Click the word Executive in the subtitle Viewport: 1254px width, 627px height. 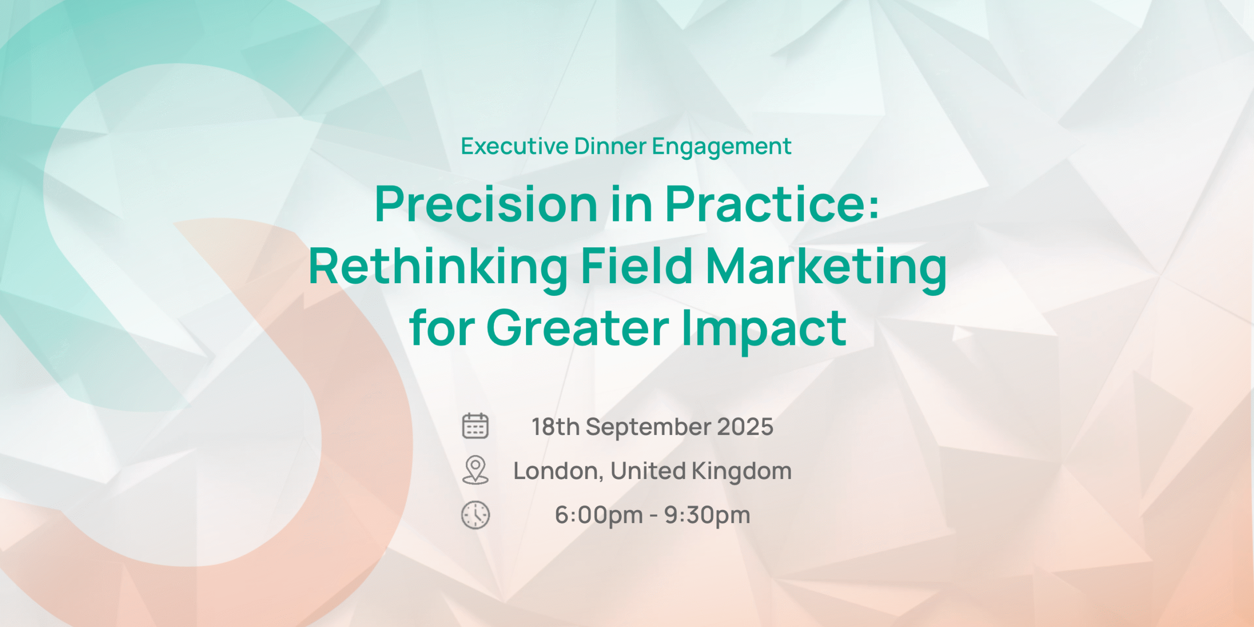coord(514,146)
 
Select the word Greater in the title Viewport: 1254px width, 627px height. coord(578,328)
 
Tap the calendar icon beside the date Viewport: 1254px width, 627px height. coord(475,425)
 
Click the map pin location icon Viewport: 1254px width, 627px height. coord(475,470)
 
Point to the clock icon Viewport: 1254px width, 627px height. coord(475,515)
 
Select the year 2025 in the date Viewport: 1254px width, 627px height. coord(745,427)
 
